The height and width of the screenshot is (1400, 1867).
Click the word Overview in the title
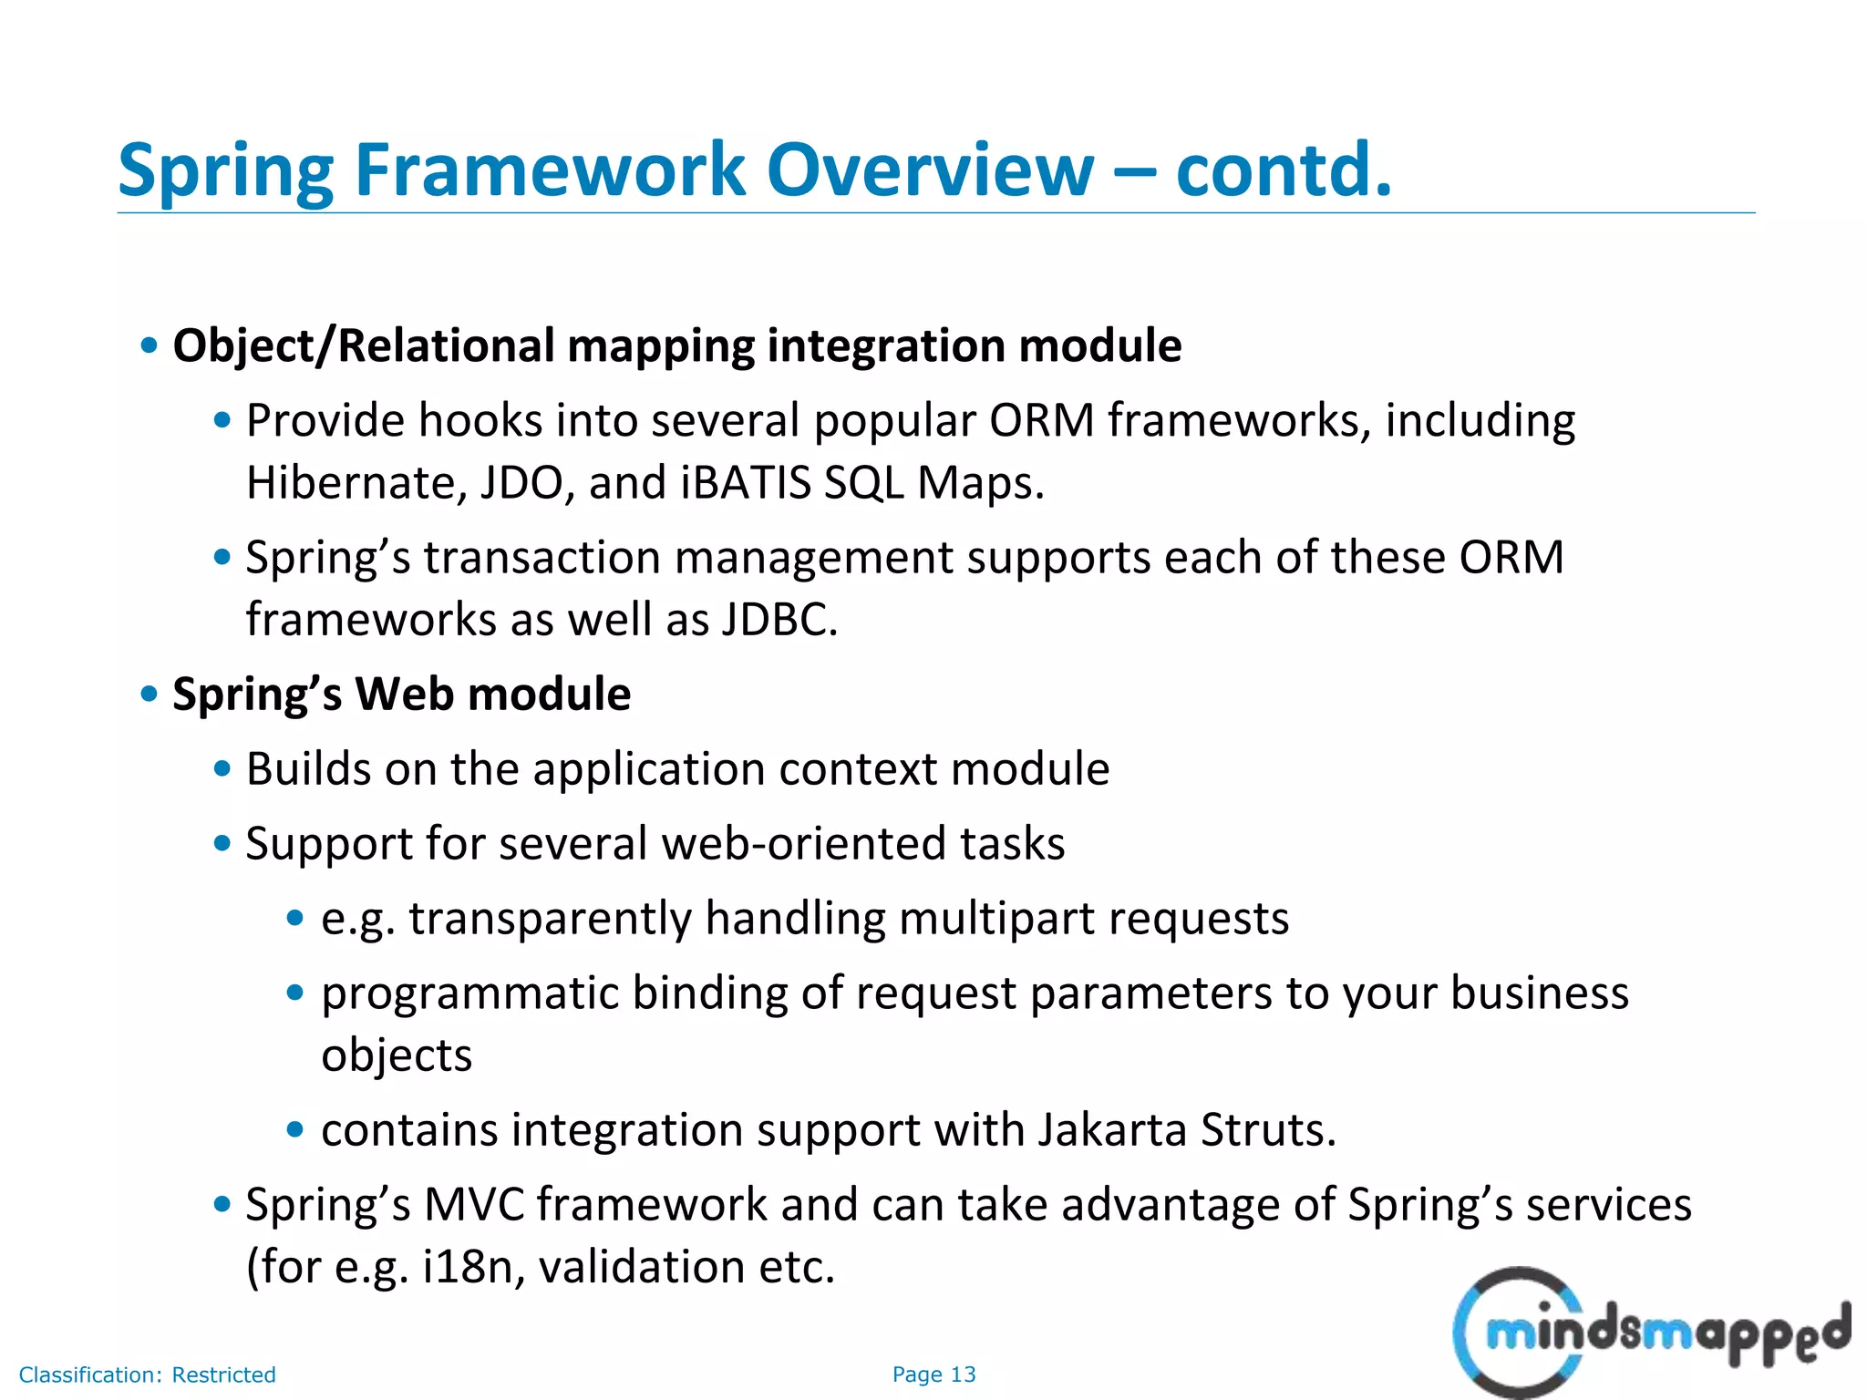929,170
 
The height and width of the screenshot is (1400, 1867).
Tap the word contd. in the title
1284,170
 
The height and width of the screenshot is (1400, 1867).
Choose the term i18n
469,1267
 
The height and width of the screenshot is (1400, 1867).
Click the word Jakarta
1112,1130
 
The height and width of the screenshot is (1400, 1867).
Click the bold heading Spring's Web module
401,695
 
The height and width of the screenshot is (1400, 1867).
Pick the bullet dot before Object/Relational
150,346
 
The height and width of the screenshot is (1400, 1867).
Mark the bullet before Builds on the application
222,769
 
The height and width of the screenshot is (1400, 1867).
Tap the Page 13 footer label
933,1374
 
